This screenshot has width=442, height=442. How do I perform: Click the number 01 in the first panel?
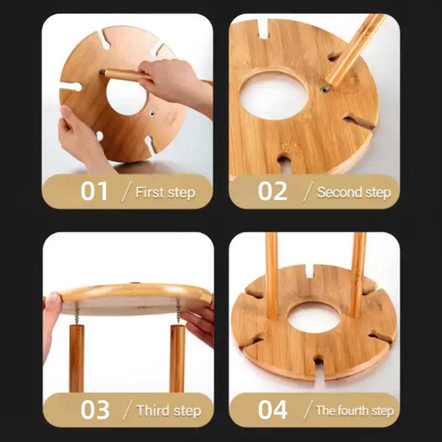94,191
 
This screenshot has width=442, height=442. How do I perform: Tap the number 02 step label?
272,191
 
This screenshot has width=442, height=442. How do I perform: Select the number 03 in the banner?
94,409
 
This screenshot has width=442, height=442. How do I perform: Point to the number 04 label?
272,409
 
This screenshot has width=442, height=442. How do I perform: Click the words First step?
165,192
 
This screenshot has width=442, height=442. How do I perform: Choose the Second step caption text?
354,192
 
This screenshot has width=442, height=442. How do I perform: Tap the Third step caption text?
169,411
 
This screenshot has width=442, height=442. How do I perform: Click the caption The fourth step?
355,411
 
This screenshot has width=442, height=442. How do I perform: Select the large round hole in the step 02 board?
273,96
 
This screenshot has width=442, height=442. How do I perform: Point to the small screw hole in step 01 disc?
152,114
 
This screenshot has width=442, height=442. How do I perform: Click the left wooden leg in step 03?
77,359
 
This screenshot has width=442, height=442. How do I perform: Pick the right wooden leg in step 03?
177,359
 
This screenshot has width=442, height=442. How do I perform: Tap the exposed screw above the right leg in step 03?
178,312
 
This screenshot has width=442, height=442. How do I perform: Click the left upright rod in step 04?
272,275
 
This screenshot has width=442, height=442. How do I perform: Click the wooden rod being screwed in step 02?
355,50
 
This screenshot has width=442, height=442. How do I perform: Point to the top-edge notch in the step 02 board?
264,29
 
